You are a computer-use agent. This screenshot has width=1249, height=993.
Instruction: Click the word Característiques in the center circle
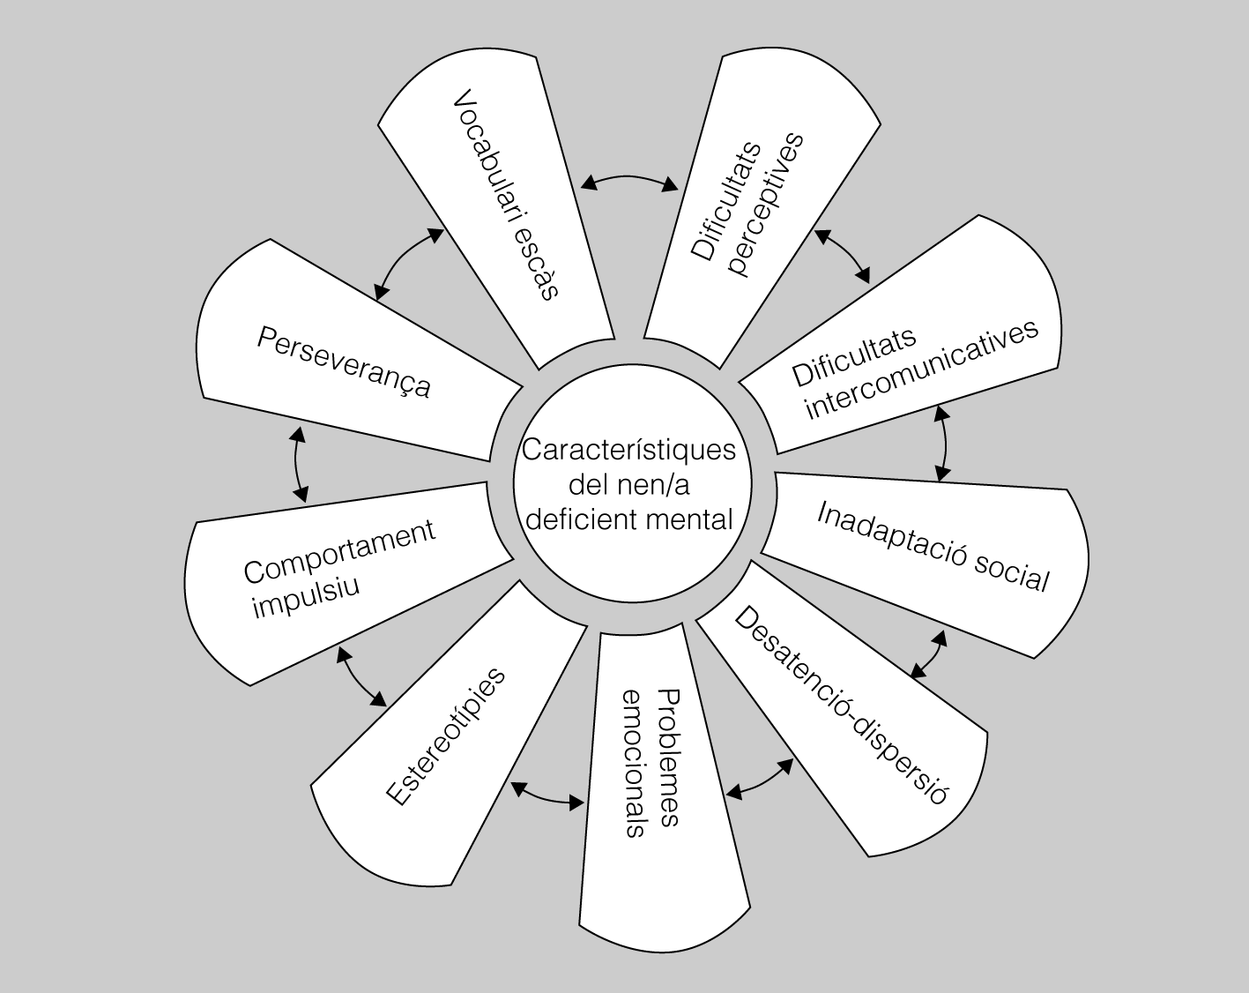click(x=628, y=450)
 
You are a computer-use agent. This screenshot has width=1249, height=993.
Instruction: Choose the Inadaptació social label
click(x=933, y=547)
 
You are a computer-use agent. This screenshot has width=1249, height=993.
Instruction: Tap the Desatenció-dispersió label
click(x=840, y=704)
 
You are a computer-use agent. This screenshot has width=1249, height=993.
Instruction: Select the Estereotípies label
click(x=447, y=736)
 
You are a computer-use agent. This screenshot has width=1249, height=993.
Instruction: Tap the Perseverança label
click(x=344, y=362)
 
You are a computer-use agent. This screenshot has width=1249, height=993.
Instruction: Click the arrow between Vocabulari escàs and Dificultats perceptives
click(x=629, y=180)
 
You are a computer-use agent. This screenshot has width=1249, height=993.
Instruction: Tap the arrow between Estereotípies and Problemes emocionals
click(x=546, y=796)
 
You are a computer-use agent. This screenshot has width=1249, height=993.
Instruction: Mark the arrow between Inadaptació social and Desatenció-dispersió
click(x=930, y=653)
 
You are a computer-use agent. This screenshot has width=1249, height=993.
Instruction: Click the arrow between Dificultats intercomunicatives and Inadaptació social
click(x=944, y=443)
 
